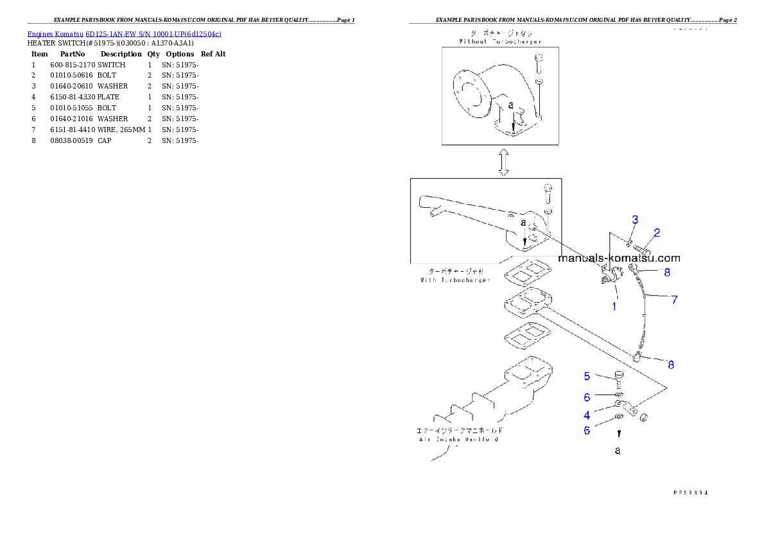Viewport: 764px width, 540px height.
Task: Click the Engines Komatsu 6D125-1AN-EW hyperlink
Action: pos(124,34)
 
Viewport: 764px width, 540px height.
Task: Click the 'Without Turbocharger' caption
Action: pos(500,41)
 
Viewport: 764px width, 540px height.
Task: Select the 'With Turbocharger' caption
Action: pos(455,280)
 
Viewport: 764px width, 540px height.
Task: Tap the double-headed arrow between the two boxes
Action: pos(504,163)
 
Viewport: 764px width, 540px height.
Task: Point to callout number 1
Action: pos(614,307)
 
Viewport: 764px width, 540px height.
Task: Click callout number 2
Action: pos(657,232)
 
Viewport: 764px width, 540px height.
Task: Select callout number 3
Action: pos(634,220)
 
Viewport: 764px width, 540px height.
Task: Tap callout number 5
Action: pos(587,376)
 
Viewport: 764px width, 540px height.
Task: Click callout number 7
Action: pos(674,300)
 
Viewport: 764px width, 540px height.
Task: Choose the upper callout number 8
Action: pos(667,272)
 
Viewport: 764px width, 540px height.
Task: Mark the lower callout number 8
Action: pos(671,365)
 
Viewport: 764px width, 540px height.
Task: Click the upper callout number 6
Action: pos(587,398)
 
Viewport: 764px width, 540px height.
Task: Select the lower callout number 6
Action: pos(587,430)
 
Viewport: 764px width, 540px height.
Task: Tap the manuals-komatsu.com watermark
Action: pos(619,258)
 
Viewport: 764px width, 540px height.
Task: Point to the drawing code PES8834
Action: pos(690,493)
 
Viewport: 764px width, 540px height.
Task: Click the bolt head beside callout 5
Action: pos(619,375)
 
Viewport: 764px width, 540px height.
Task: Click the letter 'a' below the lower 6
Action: pos(618,451)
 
